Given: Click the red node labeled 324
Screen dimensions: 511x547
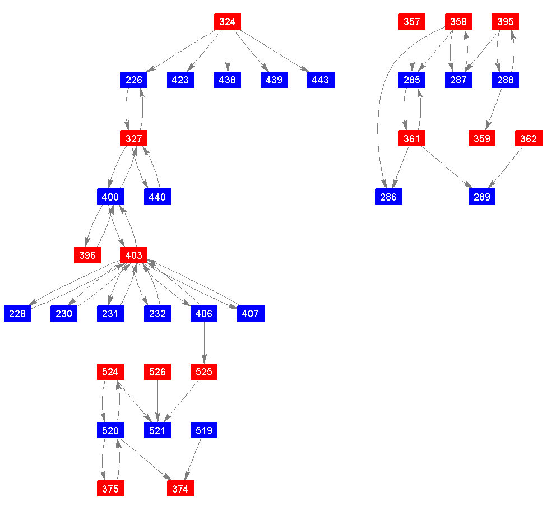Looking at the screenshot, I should (x=227, y=22).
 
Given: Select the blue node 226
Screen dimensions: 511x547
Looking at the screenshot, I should (x=133, y=80).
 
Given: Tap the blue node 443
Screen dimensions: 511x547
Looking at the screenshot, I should (x=320, y=80).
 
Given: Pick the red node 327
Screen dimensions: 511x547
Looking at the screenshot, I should (x=133, y=138).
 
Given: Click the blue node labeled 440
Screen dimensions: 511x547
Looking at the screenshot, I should (x=157, y=197).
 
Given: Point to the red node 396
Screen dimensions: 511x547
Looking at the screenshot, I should (x=87, y=256).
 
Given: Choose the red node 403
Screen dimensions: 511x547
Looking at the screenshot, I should (x=133, y=256).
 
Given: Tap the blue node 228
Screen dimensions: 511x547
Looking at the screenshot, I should (x=17, y=314).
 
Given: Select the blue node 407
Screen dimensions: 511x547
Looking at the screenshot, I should (x=250, y=314).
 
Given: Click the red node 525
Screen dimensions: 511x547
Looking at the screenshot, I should (x=203, y=372).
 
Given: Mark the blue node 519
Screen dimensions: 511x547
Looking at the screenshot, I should (x=203, y=430).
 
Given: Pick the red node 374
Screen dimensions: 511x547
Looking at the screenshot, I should (x=180, y=489).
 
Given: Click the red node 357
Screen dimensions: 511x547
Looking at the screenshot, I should (x=411, y=22).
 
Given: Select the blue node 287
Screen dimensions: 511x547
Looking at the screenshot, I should (x=458, y=80).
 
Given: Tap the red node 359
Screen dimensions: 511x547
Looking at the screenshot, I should (x=481, y=138).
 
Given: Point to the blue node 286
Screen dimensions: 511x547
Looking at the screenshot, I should (x=388, y=197).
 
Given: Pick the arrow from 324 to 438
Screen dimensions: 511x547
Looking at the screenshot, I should (x=227, y=51).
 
